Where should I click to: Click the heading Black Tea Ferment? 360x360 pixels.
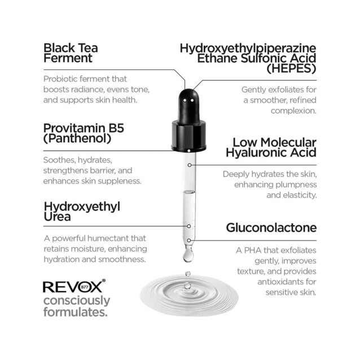click(69, 52)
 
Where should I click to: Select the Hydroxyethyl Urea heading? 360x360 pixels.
click(82, 211)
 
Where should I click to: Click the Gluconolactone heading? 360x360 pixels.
click(271, 228)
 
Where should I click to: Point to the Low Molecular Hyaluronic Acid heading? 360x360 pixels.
click(270, 147)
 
